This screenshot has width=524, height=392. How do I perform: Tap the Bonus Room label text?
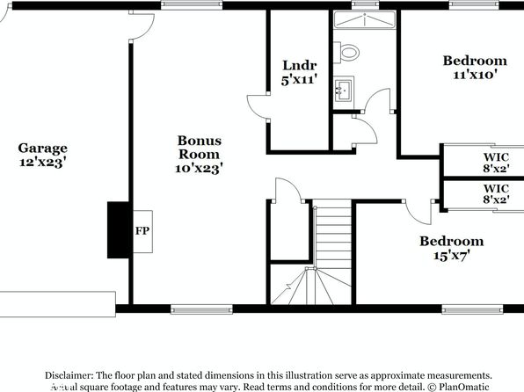click(200, 148)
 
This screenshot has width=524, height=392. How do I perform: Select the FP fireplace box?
click(143, 231)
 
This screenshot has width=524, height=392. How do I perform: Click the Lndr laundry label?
click(300, 65)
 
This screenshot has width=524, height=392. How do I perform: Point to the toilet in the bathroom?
click(346, 53)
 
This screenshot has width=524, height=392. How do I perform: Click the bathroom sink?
click(343, 91)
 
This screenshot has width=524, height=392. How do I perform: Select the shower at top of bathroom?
click(365, 19)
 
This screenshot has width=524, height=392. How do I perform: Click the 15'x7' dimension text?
click(452, 256)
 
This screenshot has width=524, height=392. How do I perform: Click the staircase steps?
click(333, 252)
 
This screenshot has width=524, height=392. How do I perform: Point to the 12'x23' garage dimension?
click(41, 163)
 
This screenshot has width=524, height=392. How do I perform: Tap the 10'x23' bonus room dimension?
click(200, 168)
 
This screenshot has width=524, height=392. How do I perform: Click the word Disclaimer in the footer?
click(69, 375)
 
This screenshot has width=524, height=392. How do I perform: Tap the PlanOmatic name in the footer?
click(464, 387)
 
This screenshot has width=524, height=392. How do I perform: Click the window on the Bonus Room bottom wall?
click(201, 309)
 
